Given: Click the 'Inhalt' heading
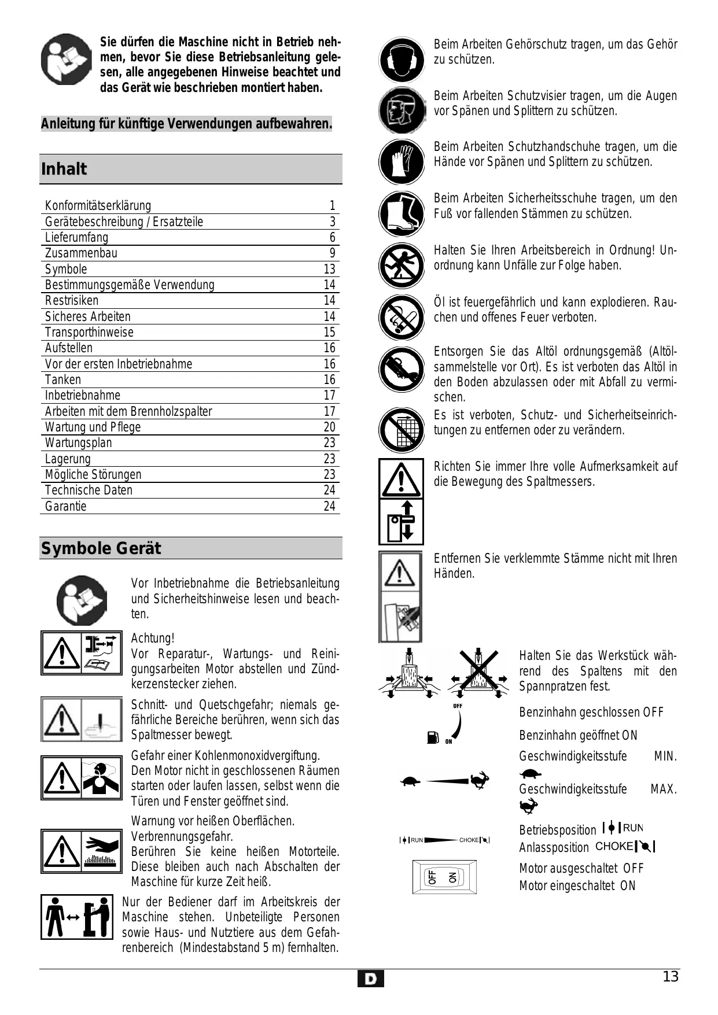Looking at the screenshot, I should pos(64,169).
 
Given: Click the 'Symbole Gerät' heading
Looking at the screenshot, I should pos(101,548).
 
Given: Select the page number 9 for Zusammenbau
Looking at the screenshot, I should pos(332,253).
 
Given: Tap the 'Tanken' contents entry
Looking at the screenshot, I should pos(63,380).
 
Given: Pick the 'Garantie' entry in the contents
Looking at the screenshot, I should pos(66,507).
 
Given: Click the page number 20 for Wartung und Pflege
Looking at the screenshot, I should pos(329,427).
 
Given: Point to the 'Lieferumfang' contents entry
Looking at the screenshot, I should pos(76,238).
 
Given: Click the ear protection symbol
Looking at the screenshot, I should pos(402,59).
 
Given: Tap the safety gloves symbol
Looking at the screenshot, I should pos(402,161).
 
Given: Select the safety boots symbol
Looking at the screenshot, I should pos(402,213).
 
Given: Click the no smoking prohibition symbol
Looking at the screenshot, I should pos(402,317).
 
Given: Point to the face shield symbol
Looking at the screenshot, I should pos(402,110).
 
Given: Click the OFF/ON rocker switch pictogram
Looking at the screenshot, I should pos(444,877).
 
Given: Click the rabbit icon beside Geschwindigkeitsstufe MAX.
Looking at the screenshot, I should pos(528,806).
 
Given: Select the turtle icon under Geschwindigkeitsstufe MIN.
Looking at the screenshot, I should pos(530,774).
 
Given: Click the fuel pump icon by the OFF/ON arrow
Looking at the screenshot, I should pos(433,737).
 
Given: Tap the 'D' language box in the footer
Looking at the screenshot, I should pos(370,979).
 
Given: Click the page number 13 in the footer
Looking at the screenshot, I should pos(670,977).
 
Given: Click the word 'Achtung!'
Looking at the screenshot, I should pos(153,638).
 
